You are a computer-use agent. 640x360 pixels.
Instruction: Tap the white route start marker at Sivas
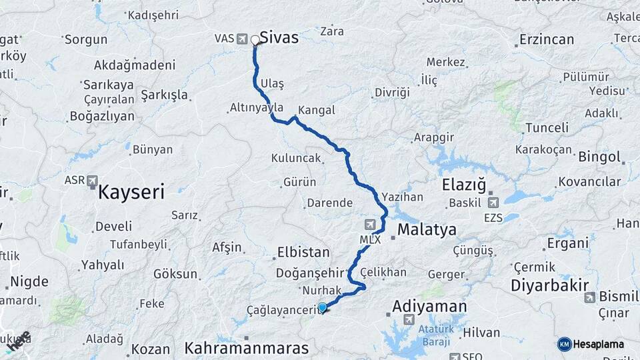click(255, 40)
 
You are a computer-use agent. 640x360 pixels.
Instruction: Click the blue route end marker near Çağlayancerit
click(323, 307)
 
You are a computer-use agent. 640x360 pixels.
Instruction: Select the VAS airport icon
click(241, 38)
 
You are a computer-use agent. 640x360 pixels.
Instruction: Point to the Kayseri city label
click(131, 193)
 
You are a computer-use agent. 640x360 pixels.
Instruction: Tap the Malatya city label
click(427, 230)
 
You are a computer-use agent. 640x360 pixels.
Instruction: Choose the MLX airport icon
click(370, 225)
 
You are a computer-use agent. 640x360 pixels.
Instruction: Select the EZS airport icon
click(493, 202)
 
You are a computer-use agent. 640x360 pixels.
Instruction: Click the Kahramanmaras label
click(246, 348)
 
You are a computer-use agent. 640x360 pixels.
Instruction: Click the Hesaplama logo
click(591, 344)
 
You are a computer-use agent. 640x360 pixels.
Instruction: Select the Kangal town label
click(317, 110)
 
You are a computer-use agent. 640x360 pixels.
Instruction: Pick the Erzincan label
click(546, 39)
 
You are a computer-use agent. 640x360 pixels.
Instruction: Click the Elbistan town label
click(302, 253)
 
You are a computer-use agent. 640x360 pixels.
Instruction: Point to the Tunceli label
click(547, 127)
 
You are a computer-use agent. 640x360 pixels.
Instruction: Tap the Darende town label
click(329, 203)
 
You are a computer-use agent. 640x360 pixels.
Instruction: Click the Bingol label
click(599, 157)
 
